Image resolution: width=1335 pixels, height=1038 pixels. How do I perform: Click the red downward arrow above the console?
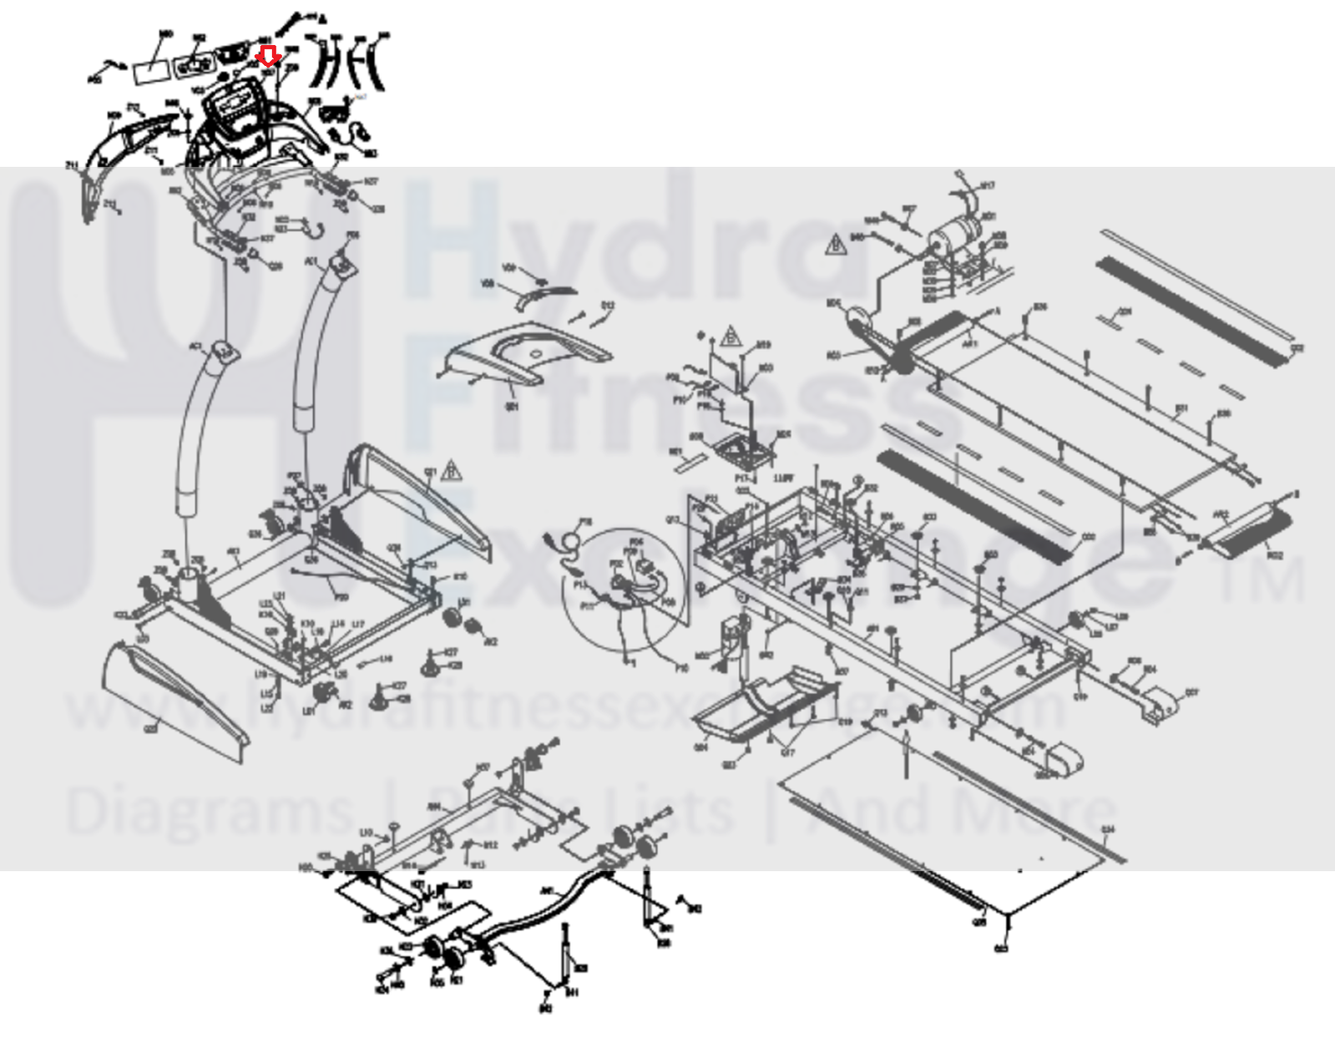coord(268,56)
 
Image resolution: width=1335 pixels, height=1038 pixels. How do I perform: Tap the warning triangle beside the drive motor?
coord(834,245)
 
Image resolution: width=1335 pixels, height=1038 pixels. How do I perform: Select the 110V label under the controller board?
coord(781,478)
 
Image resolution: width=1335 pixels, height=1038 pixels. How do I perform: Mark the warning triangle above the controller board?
coord(731,336)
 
